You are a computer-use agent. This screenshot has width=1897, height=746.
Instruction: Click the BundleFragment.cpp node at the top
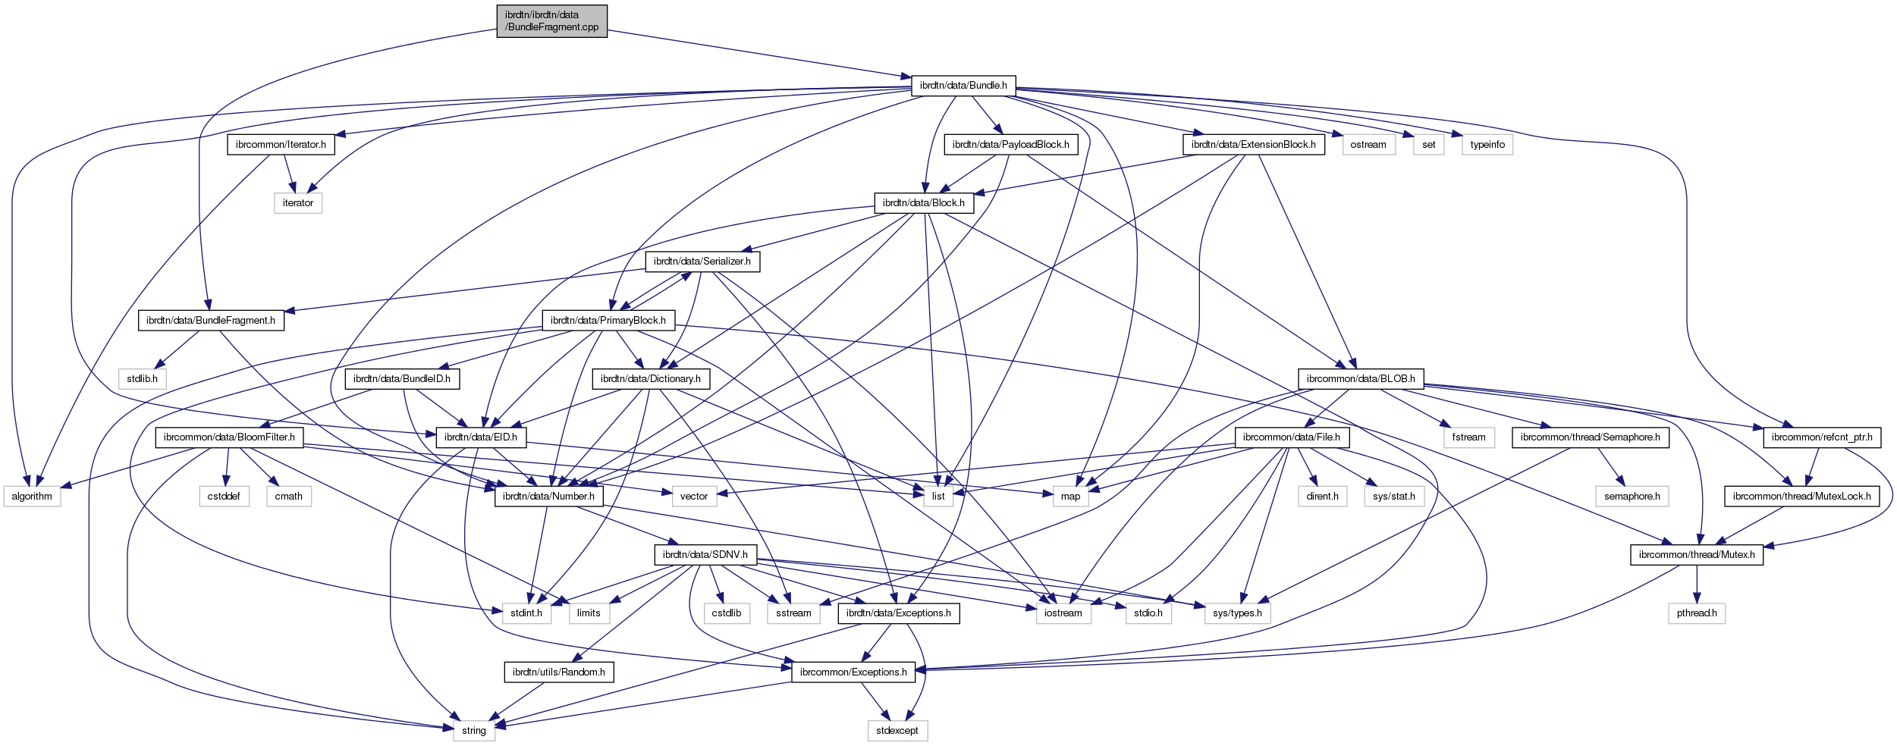click(551, 20)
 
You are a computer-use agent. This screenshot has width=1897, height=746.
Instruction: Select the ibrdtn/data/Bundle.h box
click(963, 86)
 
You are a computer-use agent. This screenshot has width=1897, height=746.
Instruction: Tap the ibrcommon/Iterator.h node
click(281, 145)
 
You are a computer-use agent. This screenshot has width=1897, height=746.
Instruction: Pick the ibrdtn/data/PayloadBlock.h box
click(1010, 145)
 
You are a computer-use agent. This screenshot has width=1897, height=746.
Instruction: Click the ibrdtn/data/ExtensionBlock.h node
click(1253, 145)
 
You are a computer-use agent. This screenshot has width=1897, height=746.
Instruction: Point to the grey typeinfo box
click(1487, 145)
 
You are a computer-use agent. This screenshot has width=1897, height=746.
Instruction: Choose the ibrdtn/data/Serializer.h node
click(702, 262)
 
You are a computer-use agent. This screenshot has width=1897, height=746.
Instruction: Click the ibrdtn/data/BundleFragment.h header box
click(210, 321)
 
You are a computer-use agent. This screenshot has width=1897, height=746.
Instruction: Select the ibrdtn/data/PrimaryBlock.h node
click(608, 321)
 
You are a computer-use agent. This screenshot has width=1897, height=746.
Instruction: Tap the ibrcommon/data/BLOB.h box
click(1361, 379)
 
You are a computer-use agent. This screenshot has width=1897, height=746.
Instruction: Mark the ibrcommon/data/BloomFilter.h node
click(229, 437)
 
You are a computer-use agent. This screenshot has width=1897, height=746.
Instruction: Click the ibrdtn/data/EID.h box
click(480, 437)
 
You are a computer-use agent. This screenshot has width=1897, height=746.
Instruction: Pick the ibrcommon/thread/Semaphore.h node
click(1590, 437)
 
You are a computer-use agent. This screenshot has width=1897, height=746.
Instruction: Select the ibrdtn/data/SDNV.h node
click(705, 555)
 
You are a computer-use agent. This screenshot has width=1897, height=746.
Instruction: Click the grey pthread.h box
click(1696, 613)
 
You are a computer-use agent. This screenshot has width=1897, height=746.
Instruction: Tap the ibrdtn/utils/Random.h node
click(558, 672)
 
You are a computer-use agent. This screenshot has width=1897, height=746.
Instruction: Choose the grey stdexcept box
click(897, 731)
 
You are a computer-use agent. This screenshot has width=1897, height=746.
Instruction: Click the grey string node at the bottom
click(473, 731)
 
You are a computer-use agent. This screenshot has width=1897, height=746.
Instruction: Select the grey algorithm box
click(32, 497)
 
